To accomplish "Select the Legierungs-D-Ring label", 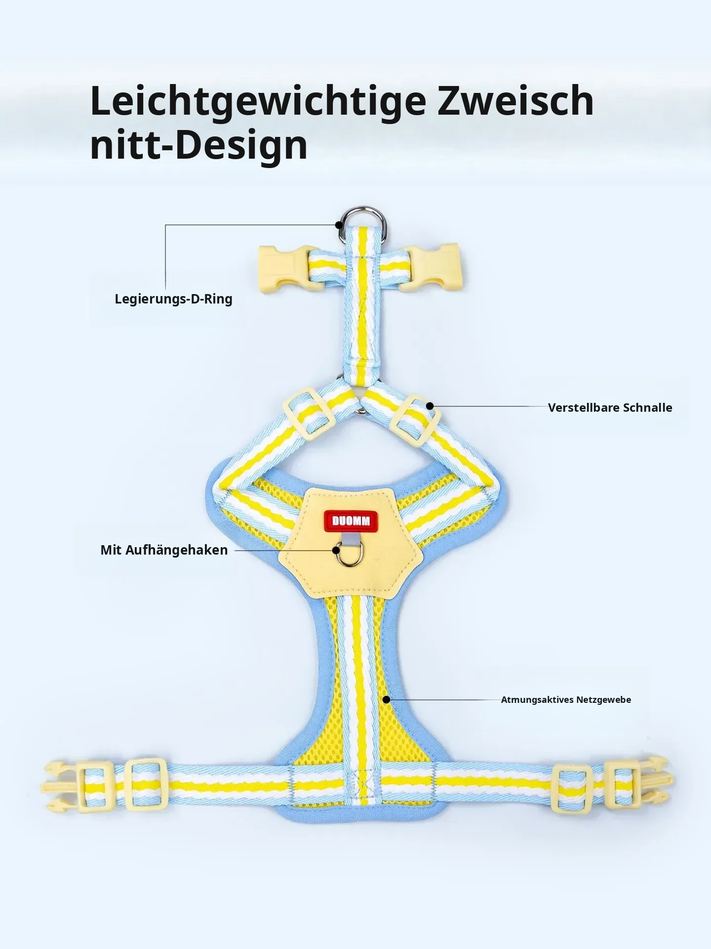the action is click(x=173, y=299).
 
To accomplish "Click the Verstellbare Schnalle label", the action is click(x=610, y=408).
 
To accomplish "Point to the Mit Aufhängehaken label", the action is click(x=164, y=550).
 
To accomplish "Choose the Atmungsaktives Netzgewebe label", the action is click(x=566, y=700).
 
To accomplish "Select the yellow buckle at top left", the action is click(x=289, y=269).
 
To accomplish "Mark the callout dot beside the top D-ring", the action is click(x=339, y=225).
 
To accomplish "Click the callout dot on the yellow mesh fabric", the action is click(x=387, y=699).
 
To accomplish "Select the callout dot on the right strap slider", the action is click(x=430, y=406).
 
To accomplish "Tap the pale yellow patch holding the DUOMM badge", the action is click(x=351, y=544).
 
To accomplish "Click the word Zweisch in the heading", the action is click(x=515, y=101).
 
